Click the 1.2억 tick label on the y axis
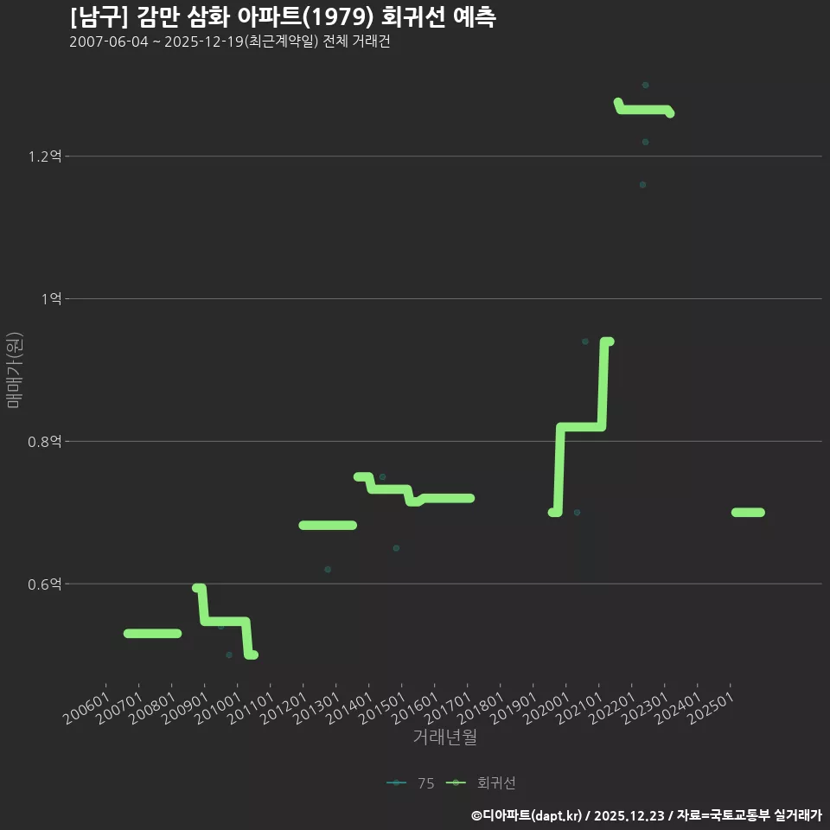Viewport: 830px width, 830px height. click(44, 156)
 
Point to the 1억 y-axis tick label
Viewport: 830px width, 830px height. click(51, 299)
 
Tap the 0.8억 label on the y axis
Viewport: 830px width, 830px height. click(44, 442)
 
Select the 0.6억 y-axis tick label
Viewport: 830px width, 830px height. click(44, 584)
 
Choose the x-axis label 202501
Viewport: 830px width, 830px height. click(712, 708)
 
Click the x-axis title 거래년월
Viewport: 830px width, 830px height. click(444, 737)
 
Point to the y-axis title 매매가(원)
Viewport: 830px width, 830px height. click(14, 371)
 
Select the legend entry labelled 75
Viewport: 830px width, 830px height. click(411, 783)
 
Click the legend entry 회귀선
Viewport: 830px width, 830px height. click(481, 783)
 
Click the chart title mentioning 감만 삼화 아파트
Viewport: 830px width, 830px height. click(283, 17)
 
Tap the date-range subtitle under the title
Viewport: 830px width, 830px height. click(230, 41)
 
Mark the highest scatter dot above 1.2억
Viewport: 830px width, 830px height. click(645, 86)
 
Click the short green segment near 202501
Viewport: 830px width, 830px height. click(748, 513)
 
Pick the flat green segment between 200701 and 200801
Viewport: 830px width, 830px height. click(152, 634)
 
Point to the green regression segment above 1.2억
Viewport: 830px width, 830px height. click(643, 110)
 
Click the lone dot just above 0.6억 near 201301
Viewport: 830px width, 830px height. click(328, 570)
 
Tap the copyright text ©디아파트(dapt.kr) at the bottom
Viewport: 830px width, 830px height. click(527, 815)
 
